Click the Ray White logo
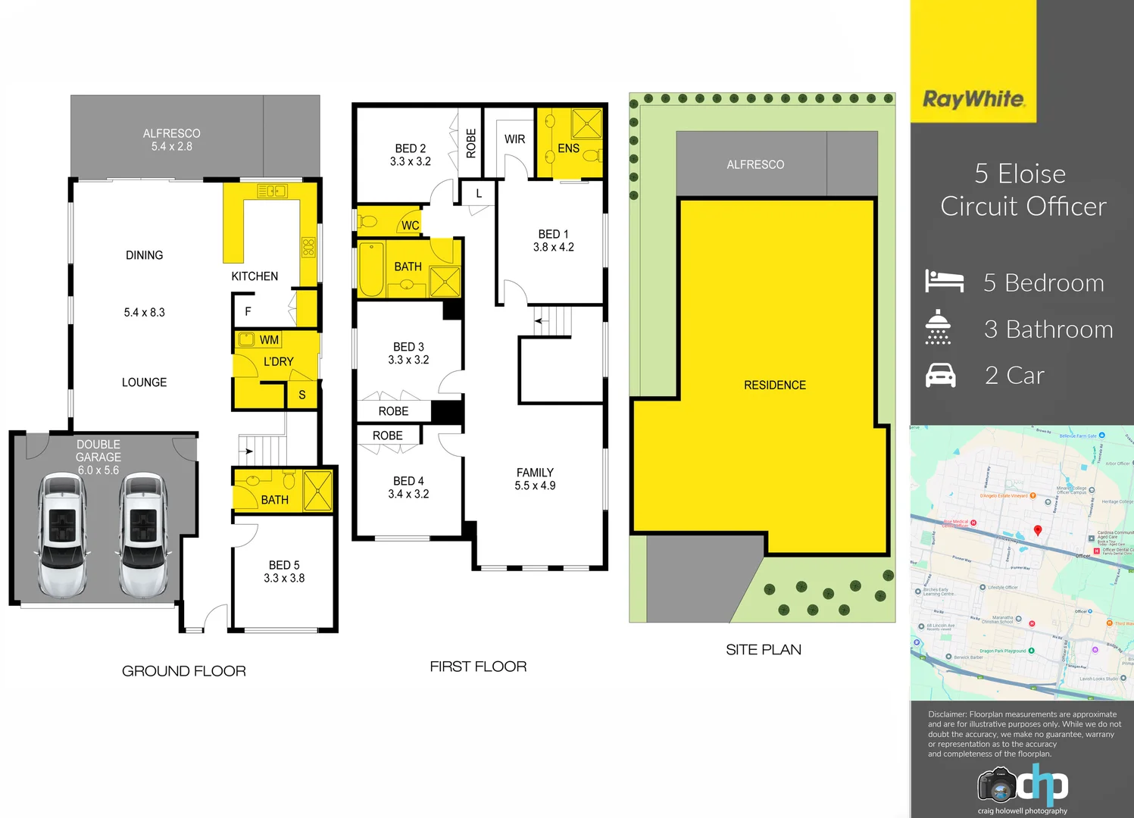(x=973, y=99)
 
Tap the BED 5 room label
(x=284, y=565)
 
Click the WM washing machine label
(x=269, y=340)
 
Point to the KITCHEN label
(x=255, y=276)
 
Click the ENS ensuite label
(x=568, y=148)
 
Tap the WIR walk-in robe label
(x=514, y=139)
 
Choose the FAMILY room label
(x=535, y=473)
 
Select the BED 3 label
(x=408, y=347)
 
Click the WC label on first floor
(x=410, y=225)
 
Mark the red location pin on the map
(x=1038, y=531)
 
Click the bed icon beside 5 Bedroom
(x=944, y=281)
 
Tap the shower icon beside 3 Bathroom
(x=938, y=327)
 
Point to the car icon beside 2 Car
(x=941, y=375)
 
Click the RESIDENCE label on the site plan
(x=774, y=386)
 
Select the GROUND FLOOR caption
(x=183, y=671)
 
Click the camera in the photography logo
(x=996, y=785)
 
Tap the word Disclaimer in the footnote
(x=947, y=714)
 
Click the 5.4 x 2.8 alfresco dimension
(x=172, y=147)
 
